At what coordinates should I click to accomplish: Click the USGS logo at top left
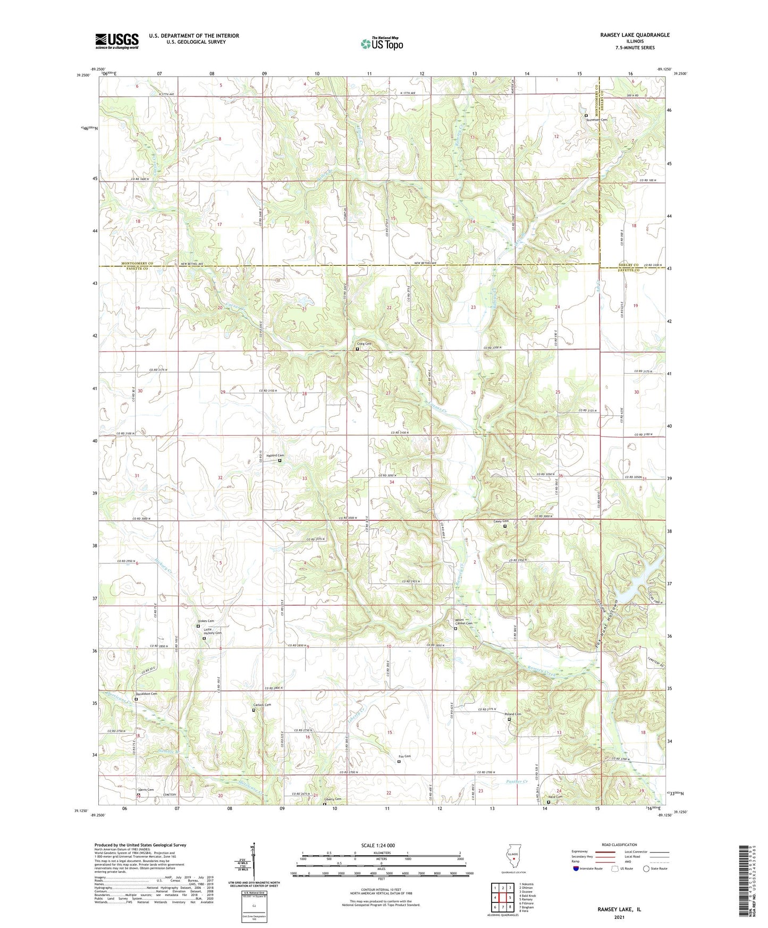(117, 41)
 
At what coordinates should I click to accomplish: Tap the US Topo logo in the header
(381, 44)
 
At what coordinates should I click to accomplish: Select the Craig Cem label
(364, 344)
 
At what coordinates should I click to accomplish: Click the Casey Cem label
(501, 521)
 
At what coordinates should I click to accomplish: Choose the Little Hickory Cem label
(213, 631)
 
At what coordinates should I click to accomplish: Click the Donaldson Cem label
(146, 694)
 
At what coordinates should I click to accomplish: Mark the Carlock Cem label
(261, 705)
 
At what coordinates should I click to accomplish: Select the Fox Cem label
(404, 756)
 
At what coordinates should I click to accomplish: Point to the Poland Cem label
(512, 714)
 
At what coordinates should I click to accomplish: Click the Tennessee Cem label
(596, 120)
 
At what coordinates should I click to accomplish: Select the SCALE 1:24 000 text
(377, 845)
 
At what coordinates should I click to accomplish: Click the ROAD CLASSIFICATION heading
(620, 845)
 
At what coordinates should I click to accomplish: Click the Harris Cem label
(146, 790)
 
